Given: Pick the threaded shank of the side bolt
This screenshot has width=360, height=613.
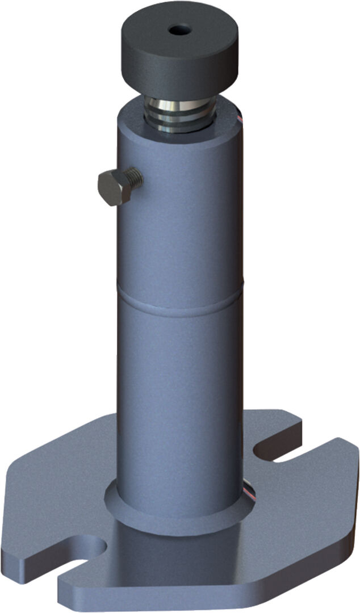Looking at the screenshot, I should (134, 178).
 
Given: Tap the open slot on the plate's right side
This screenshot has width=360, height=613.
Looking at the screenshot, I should (284, 454).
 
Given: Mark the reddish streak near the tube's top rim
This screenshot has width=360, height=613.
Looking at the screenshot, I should (240, 117).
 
